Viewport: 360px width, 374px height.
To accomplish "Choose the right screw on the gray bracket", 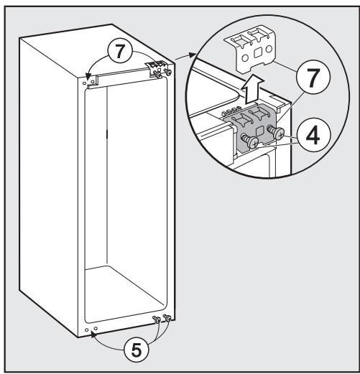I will [277, 131].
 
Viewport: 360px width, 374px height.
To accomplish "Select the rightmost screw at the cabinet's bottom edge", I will [167, 317].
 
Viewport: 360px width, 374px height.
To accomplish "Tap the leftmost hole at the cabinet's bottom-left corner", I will [86, 332].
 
